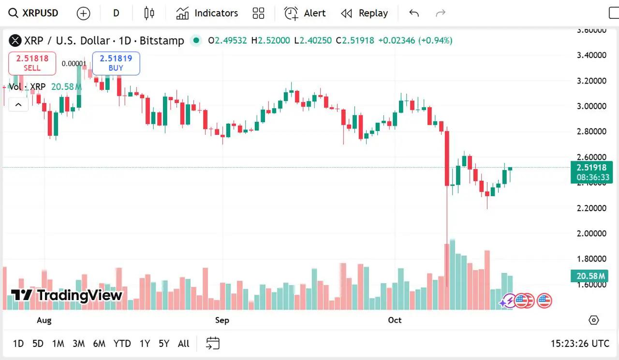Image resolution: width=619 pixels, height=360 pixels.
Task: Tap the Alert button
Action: [x=305, y=13]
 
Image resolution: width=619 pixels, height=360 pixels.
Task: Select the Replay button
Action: [x=365, y=13]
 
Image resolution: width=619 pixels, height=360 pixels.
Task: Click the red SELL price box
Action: [x=32, y=63]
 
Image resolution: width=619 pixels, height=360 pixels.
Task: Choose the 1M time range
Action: [x=58, y=344]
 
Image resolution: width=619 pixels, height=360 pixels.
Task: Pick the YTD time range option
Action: [x=122, y=344]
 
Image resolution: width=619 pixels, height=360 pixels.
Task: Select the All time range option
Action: [x=183, y=344]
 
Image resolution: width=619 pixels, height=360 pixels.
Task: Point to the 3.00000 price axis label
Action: [x=591, y=106]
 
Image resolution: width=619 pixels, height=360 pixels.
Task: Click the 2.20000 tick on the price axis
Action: [x=591, y=208]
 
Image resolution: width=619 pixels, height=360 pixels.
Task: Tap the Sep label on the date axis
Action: [x=222, y=320]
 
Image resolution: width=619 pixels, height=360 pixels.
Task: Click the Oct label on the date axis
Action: [x=395, y=320]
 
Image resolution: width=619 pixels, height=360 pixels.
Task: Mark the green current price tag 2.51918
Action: [x=591, y=168]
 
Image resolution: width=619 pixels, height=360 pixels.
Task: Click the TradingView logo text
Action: [x=67, y=295]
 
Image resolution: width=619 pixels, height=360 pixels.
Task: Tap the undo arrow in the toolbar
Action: [x=414, y=13]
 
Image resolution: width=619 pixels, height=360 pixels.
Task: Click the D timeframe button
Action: [x=116, y=13]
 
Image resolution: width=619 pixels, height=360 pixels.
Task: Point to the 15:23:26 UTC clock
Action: [x=580, y=344]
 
